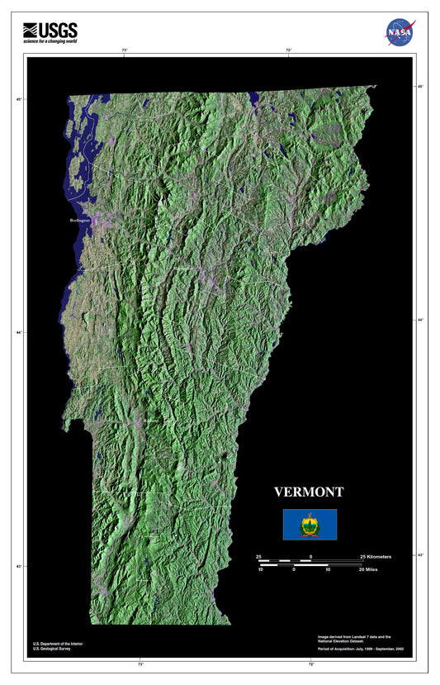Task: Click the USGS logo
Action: click(x=50, y=29)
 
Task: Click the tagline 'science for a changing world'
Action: click(x=50, y=40)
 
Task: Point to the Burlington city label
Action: click(x=80, y=221)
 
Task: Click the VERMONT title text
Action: click(x=309, y=492)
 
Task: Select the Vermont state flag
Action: click(x=310, y=524)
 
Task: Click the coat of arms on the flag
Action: click(x=310, y=524)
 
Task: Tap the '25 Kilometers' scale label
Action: click(x=377, y=557)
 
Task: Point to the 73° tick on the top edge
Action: click(x=125, y=51)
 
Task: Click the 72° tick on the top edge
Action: click(x=289, y=51)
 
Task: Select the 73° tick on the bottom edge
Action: click(x=140, y=664)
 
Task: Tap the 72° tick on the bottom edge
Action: click(x=311, y=664)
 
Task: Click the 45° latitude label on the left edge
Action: click(x=19, y=100)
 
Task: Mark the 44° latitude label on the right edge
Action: click(x=420, y=320)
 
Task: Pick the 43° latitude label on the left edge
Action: click(x=19, y=566)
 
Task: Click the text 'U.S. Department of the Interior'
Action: click(x=59, y=643)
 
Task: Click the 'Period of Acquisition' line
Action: click(x=360, y=649)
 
